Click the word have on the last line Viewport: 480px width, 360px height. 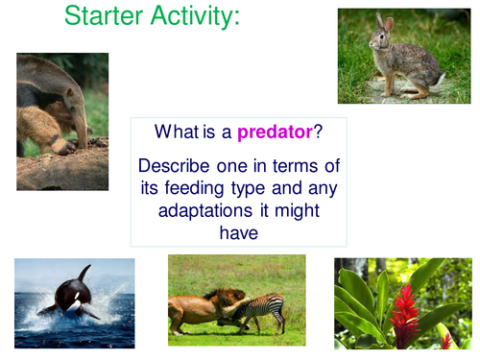239,233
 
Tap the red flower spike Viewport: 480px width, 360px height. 404,308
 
